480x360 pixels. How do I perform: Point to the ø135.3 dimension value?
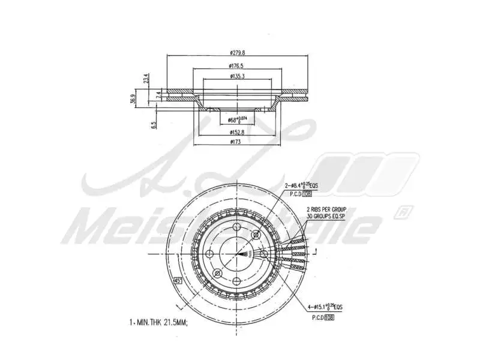[236, 77]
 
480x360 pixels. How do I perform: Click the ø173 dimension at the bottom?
[236, 142]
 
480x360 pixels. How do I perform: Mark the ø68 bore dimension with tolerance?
[238, 120]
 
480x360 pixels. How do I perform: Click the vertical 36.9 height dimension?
[133, 99]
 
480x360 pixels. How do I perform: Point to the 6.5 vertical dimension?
[154, 125]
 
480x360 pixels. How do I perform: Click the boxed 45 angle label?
[178, 280]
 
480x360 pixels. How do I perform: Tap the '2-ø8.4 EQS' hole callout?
[301, 187]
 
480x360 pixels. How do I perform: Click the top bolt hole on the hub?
[237, 226]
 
